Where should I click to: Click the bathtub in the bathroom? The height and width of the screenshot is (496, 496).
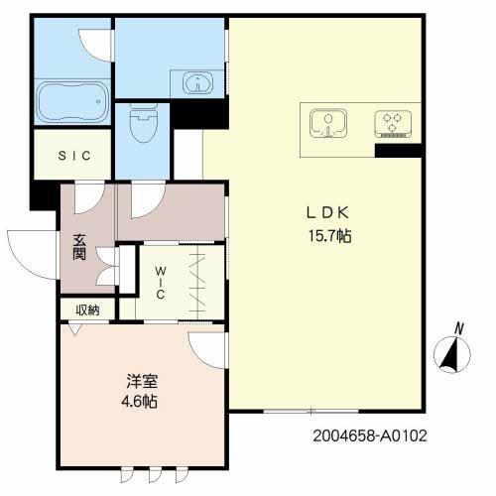(x=71, y=102)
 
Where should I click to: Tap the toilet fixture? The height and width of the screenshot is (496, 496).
(x=143, y=125)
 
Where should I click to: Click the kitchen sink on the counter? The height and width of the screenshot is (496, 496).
(x=328, y=123)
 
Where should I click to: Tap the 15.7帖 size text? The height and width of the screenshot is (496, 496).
(x=331, y=236)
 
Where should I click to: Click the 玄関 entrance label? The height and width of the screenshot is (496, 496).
(x=79, y=247)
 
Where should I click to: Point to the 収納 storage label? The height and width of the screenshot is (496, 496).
(x=86, y=310)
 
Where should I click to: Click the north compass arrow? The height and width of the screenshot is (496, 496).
(x=451, y=354)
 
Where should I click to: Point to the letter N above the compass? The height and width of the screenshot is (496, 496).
(x=458, y=327)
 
